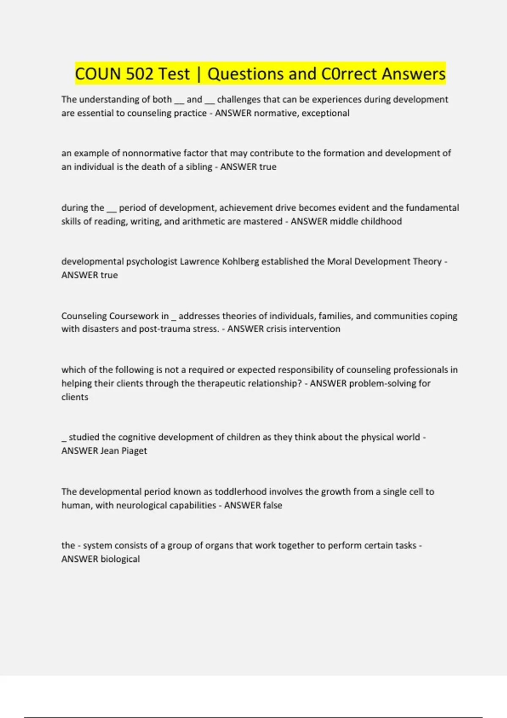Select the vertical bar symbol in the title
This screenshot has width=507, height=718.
199,74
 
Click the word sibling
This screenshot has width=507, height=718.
199,167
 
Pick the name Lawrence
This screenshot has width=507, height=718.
198,261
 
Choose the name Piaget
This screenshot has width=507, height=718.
134,451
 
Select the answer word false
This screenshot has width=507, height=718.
271,505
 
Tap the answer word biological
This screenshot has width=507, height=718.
120,559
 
